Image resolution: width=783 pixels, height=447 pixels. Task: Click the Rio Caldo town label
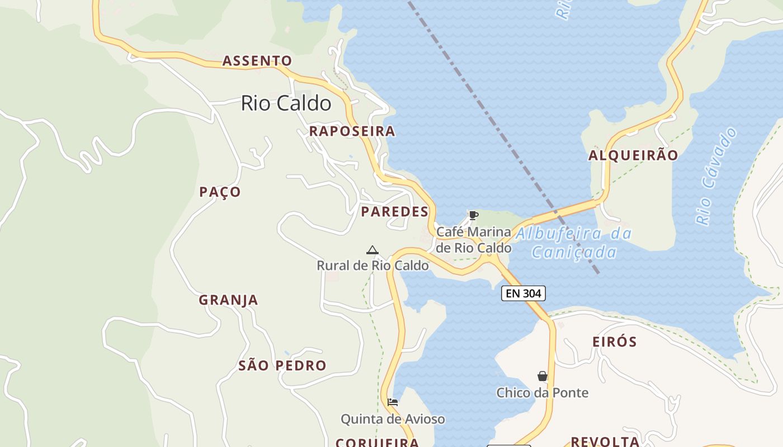click(286, 103)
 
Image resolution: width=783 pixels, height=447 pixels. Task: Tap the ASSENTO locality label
click(257, 61)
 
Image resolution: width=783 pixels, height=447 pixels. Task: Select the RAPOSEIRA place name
click(352, 131)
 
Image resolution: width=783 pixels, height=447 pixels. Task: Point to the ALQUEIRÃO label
click(633, 155)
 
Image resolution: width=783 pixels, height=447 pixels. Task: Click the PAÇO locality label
click(220, 192)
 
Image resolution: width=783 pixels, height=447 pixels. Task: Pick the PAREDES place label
click(394, 212)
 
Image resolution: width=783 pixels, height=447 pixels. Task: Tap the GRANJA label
click(228, 300)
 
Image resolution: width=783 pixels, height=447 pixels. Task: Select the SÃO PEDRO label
click(282, 366)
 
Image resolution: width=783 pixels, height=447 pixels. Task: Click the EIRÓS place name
click(615, 342)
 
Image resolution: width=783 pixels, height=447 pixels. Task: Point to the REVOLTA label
click(605, 441)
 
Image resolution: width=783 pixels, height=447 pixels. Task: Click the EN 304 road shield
click(523, 293)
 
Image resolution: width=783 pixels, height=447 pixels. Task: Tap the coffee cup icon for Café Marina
click(473, 215)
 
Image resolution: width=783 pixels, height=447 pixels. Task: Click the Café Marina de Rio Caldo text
click(473, 239)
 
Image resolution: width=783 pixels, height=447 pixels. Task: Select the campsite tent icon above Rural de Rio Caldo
click(372, 250)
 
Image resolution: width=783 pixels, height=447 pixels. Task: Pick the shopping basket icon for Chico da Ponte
click(542, 376)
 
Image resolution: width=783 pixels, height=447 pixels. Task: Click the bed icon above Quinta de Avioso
click(393, 402)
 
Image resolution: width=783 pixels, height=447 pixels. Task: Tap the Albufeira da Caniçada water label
click(573, 243)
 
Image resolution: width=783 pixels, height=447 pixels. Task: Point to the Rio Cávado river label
click(716, 177)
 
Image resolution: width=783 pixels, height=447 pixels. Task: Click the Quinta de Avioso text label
click(393, 419)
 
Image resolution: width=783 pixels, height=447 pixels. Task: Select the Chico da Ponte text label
click(542, 393)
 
